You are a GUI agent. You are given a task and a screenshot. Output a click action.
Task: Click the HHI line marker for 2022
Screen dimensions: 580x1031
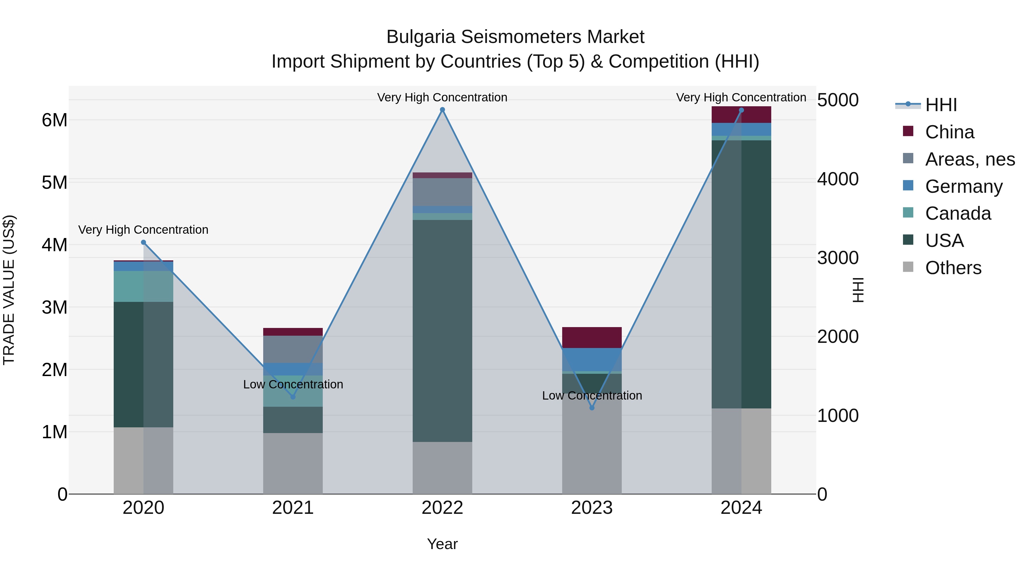[x=442, y=110]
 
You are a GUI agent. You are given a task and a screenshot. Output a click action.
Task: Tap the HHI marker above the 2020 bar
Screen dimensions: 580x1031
[x=143, y=242]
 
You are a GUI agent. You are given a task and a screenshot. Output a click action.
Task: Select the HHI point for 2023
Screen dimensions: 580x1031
[x=592, y=408]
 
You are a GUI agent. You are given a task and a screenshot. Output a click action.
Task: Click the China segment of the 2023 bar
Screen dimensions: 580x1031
[x=592, y=337]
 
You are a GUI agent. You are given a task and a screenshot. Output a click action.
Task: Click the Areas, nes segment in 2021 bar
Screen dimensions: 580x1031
[x=293, y=349]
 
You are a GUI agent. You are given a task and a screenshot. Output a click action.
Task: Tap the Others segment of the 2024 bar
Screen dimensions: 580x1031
[x=741, y=451]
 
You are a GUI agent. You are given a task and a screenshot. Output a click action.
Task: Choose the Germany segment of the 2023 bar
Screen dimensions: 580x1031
[x=592, y=359]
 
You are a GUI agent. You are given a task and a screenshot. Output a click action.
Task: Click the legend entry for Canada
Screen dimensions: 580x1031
[x=958, y=213]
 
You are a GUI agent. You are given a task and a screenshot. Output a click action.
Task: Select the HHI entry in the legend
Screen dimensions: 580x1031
[x=941, y=105]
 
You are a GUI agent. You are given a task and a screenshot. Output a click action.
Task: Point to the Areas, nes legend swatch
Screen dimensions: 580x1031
[x=908, y=158]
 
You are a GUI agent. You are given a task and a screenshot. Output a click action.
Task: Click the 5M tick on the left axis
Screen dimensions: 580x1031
[x=54, y=182]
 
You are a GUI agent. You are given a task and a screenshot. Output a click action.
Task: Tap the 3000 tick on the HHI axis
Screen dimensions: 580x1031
[x=838, y=257]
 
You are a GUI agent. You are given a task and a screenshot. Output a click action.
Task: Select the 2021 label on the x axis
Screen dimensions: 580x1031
[x=293, y=508]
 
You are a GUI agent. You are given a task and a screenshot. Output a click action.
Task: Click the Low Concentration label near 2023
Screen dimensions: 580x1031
[x=592, y=396]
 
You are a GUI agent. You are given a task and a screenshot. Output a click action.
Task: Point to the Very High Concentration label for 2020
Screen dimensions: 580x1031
[x=143, y=230]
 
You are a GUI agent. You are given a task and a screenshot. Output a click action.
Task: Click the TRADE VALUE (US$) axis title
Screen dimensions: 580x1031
[x=9, y=290]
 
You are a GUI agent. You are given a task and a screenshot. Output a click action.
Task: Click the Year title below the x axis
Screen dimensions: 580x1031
[x=442, y=544]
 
